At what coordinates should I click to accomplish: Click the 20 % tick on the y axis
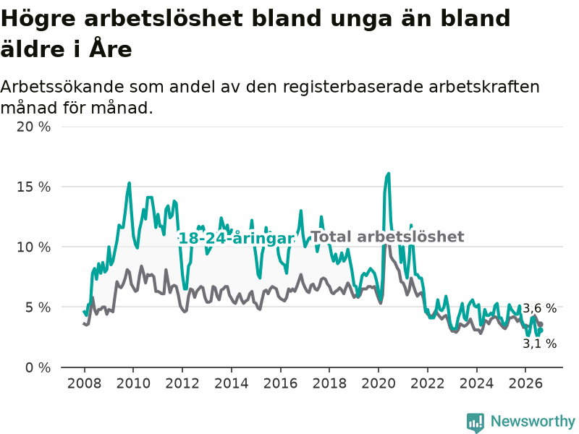33,127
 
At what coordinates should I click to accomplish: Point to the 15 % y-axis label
33,187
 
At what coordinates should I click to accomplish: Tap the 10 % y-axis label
33,247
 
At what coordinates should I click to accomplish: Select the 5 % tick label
38,307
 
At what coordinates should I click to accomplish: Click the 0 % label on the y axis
38,367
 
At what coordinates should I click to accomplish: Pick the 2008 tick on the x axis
84,383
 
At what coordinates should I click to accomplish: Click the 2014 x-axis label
232,383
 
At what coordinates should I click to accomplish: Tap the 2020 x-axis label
379,383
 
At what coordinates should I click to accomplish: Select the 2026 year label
525,383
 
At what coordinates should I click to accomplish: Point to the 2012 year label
182,383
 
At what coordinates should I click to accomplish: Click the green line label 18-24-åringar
237,239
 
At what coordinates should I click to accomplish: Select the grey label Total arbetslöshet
387,237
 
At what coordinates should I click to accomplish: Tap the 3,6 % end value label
539,308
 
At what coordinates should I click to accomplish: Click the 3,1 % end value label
539,344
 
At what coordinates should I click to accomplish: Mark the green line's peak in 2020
389,174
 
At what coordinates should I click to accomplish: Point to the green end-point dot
540,330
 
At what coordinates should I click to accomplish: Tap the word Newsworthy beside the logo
533,421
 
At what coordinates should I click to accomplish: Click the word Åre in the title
111,48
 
